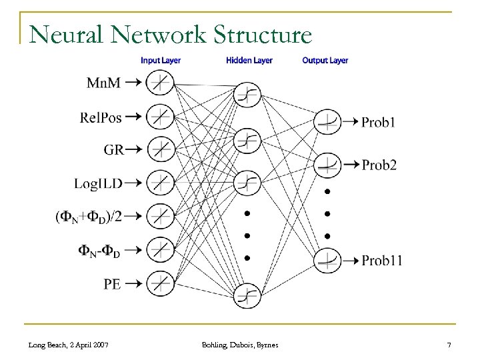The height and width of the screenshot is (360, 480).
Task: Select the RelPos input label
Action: [x=101, y=116]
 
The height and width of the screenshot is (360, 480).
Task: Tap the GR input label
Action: [x=113, y=149]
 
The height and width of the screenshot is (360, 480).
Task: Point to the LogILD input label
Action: [x=98, y=182]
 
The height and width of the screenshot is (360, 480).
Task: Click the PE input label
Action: [x=112, y=283]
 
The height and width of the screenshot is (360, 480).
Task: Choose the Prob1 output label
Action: [x=378, y=123]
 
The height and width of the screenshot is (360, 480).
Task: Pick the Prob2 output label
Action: [x=379, y=165]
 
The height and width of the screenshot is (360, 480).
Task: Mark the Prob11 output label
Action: [x=381, y=261]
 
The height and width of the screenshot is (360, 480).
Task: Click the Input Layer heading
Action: [x=161, y=61]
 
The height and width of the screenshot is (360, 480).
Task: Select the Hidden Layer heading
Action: [x=249, y=61]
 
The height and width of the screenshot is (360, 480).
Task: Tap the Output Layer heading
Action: [x=325, y=61]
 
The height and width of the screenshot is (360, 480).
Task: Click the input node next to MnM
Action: [x=159, y=83]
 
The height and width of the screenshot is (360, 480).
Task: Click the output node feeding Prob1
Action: [x=327, y=122]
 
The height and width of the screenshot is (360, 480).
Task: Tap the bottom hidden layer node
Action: [x=247, y=295]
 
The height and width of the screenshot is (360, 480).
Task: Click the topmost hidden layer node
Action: [x=247, y=94]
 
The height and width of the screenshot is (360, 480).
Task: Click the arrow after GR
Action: [x=133, y=149]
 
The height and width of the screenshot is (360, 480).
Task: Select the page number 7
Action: [x=449, y=345]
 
